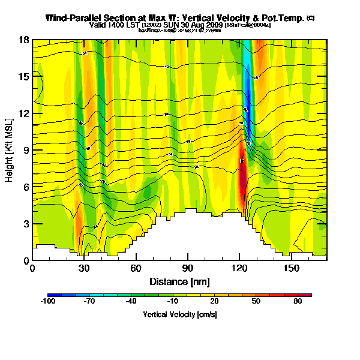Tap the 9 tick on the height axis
25,150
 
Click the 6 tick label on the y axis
25,187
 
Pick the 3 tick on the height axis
25,224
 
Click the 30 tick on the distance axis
84,269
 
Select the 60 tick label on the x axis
136,269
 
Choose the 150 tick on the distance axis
292,269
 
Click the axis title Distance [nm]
179,281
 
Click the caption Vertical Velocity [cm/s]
179,314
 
